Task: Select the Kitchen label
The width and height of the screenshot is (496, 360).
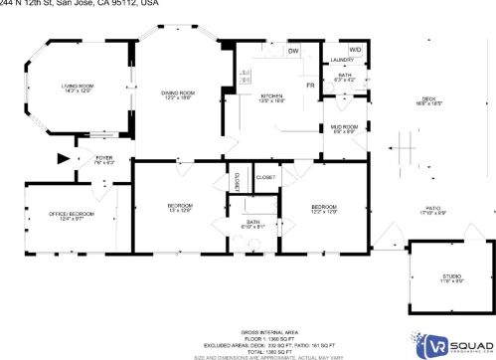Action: click(271, 96)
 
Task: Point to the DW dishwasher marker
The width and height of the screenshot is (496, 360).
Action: click(293, 51)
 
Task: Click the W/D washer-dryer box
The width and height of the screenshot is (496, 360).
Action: click(355, 49)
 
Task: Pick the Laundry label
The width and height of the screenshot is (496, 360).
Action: click(342, 62)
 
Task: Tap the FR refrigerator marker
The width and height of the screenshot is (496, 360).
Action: click(311, 85)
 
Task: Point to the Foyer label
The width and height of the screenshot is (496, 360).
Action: click(103, 158)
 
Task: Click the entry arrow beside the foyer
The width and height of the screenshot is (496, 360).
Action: click(66, 157)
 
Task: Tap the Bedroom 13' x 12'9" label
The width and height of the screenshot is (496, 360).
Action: click(178, 207)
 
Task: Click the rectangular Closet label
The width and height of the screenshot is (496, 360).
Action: click(265, 177)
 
